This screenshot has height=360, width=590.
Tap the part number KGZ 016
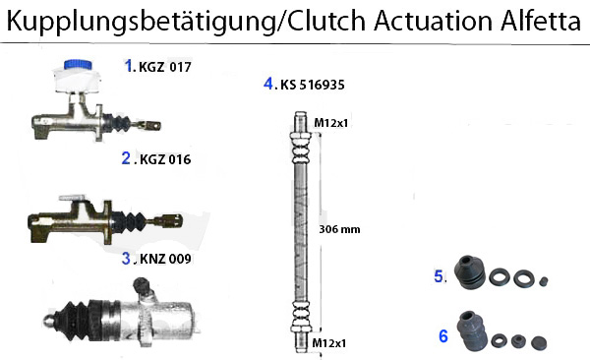pos(167,158)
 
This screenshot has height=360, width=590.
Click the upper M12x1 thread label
pos(331,122)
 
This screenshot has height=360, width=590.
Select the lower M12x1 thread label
pos(331,342)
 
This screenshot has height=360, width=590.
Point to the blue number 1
pos(128,66)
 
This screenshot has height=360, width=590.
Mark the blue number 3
pos(126,260)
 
